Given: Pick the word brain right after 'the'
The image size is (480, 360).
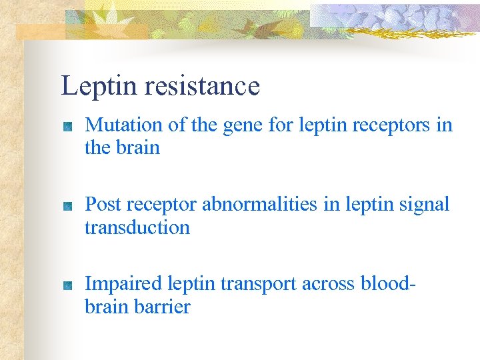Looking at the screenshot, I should click(140, 147).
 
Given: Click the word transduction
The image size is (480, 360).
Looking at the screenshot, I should click(137, 227).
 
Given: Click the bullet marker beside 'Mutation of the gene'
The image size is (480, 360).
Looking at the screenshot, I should click(67, 127).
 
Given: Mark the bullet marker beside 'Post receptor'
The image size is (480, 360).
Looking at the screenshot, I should click(67, 207).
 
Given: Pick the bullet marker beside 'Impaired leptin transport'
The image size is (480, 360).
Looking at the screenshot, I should click(67, 287).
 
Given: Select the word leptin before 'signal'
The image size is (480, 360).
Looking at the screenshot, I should click(371, 205).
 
